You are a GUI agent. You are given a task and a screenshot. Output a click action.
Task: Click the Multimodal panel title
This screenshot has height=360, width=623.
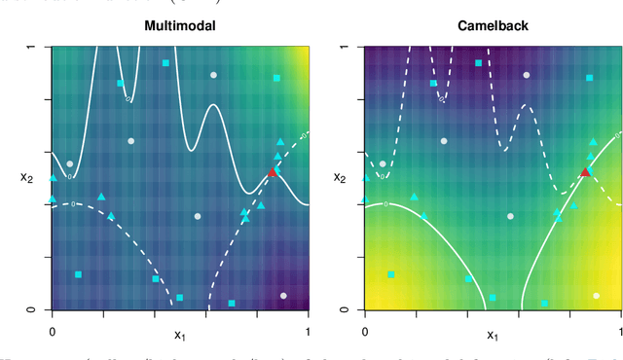tap(179, 26)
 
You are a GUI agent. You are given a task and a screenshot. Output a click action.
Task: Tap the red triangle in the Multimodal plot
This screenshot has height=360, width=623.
tap(273, 172)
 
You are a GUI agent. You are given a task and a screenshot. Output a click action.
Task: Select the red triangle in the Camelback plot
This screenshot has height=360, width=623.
tap(585, 172)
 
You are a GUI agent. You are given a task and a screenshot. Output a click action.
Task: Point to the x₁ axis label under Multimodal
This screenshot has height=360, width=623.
tap(179, 336)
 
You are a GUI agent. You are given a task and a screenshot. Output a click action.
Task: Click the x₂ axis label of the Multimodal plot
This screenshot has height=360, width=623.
tap(27, 177)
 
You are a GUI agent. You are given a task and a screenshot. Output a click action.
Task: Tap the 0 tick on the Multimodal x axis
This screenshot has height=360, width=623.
tap(53, 331)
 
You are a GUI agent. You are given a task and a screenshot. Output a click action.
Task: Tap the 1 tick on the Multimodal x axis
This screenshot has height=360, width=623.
tap(309, 331)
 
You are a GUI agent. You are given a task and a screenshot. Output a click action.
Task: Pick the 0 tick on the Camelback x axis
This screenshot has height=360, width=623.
tap(364, 331)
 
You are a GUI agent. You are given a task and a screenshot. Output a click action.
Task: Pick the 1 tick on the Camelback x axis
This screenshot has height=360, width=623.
tap(620, 331)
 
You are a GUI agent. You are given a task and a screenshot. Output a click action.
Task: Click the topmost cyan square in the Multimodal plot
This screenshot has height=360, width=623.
tap(165, 63)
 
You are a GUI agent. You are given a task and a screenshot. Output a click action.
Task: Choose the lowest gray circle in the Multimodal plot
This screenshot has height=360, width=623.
tap(283, 295)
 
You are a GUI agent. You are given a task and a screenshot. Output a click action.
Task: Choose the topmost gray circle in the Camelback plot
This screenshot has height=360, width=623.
tap(526, 75)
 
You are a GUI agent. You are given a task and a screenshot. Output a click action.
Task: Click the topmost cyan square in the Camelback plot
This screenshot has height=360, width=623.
tap(478, 63)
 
